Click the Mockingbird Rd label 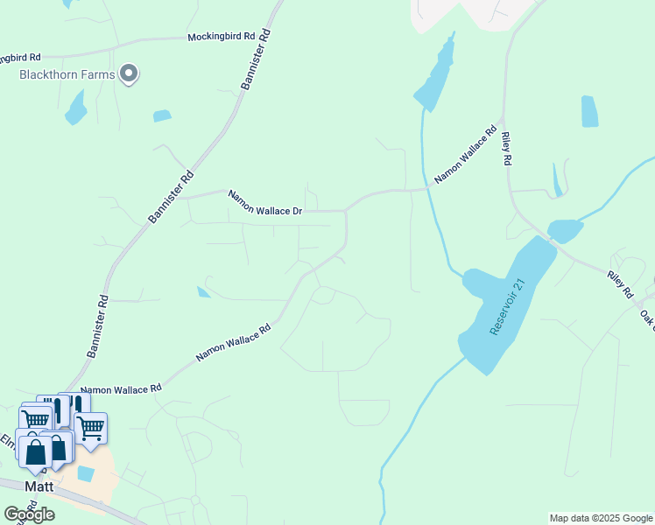coord(221,37)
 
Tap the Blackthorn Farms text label coord(67,74)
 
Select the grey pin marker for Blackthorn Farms coord(130,73)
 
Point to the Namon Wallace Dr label coord(265,203)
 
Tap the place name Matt coord(39,486)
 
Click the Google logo coord(29,514)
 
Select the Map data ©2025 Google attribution coord(601,518)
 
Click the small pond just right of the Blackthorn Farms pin coord(162,115)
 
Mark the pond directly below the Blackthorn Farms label coord(76,108)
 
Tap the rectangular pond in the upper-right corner coord(589,111)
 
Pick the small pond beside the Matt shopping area coord(86,473)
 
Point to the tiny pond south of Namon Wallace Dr coord(203,292)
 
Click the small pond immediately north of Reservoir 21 coord(565,230)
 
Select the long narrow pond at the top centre coord(436,74)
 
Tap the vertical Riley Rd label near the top coord(505,149)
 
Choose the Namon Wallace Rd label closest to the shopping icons coord(121,388)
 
